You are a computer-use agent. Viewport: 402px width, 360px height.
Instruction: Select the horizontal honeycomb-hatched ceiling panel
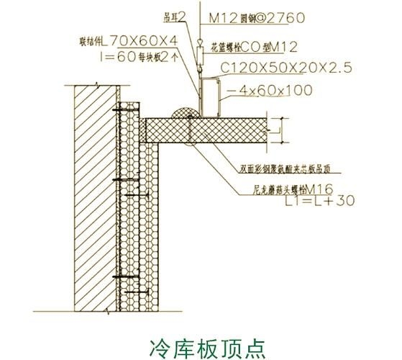click(216, 130)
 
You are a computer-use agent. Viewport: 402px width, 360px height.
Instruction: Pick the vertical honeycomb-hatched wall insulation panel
click(139, 216)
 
